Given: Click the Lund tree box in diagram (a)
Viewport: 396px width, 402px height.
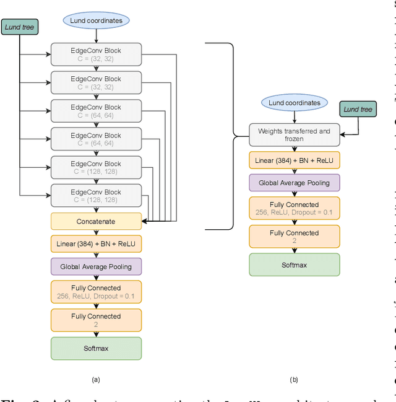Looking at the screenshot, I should pyautogui.click(x=20, y=27).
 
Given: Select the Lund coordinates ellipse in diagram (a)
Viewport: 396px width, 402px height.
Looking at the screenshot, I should pyautogui.click(x=96, y=20).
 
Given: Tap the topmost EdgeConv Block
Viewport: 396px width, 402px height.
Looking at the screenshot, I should pyautogui.click(x=96, y=55).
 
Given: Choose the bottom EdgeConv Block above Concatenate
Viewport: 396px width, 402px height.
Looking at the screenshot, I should pyautogui.click(x=96, y=196).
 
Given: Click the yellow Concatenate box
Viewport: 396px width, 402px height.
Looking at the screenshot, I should pyautogui.click(x=96, y=221).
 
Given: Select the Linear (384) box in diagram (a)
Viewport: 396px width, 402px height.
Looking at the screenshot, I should pyautogui.click(x=96, y=243).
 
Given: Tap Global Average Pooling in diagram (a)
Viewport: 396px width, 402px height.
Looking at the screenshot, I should pyautogui.click(x=96, y=267).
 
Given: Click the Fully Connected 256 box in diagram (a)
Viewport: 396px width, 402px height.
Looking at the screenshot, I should pyautogui.click(x=96, y=292).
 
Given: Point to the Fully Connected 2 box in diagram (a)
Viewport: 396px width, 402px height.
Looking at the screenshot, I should pyautogui.click(x=96, y=320).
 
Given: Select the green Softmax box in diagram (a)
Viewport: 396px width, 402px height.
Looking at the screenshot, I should pyautogui.click(x=96, y=348).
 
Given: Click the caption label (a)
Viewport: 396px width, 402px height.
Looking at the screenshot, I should pyautogui.click(x=95, y=379).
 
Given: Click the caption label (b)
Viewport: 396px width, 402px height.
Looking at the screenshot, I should pyautogui.click(x=294, y=379).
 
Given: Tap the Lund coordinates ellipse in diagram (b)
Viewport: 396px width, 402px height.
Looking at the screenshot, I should pyautogui.click(x=295, y=103).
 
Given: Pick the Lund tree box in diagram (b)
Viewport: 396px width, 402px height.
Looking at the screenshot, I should pyautogui.click(x=358, y=110).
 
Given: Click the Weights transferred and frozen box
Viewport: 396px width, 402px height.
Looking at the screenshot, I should pyautogui.click(x=295, y=135).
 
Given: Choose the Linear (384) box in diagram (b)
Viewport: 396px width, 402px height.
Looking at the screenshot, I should pyautogui.click(x=295, y=160).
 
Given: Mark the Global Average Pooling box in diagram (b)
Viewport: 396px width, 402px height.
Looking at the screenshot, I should pyautogui.click(x=295, y=183).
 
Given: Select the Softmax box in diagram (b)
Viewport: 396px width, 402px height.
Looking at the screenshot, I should pyautogui.click(x=295, y=264).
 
